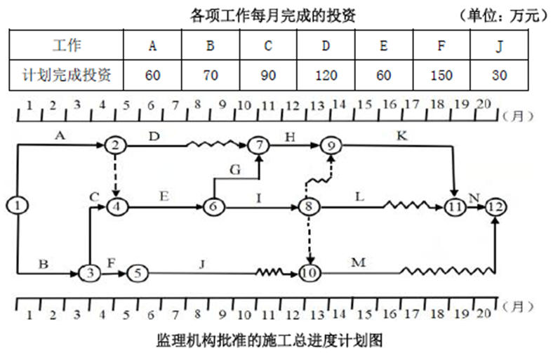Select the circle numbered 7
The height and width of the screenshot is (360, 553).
point(259,145)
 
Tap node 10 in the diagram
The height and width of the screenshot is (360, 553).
point(308,272)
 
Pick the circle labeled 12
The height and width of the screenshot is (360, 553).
point(495,206)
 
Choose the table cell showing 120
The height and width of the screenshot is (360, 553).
point(325,75)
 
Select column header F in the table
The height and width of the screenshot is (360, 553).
point(440,47)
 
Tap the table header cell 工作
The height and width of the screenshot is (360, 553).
point(67,47)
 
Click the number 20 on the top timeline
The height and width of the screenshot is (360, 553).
point(483,105)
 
